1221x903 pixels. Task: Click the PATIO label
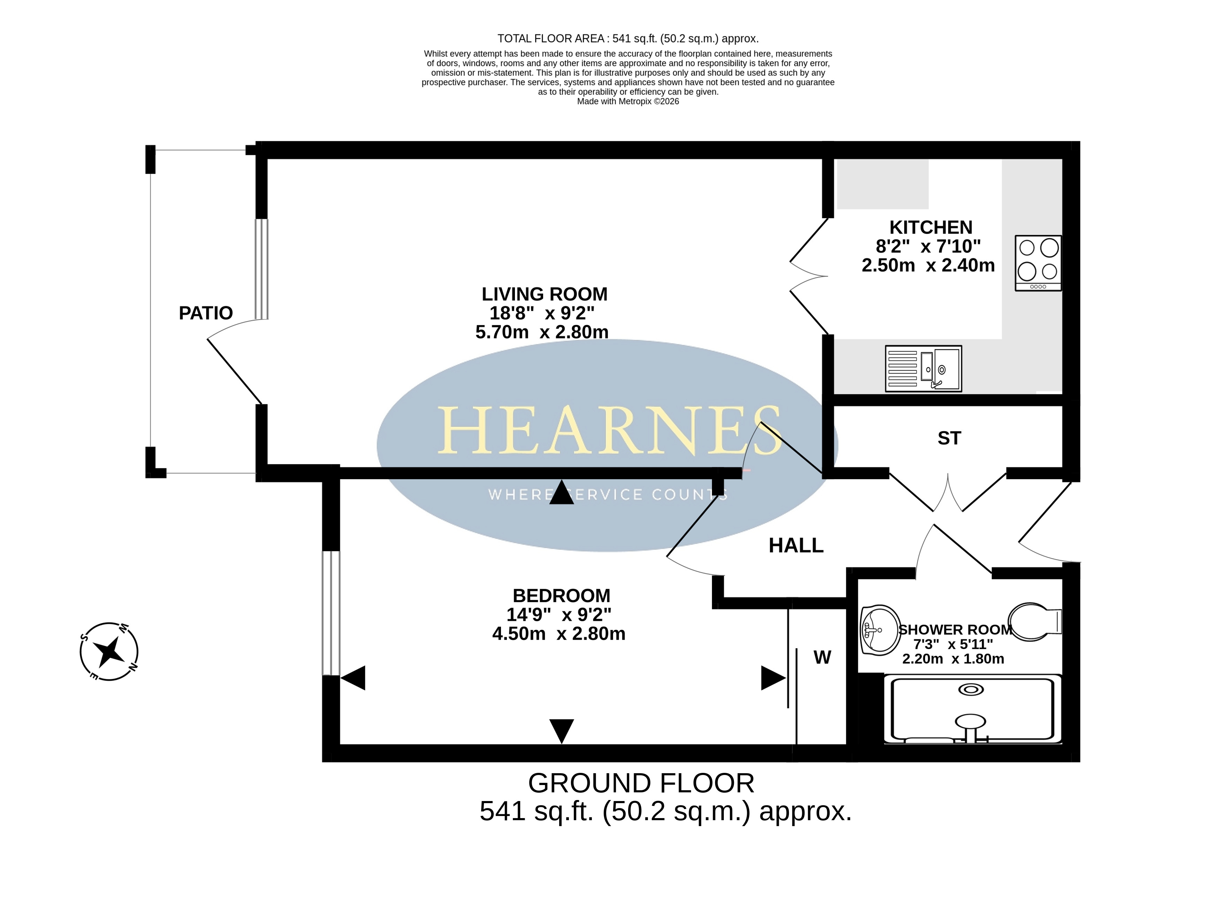206,313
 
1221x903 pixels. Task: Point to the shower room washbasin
879,630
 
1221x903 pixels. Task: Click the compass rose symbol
109,651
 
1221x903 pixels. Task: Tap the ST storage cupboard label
949,438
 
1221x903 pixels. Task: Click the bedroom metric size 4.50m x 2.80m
558,634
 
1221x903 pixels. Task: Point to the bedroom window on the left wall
331,613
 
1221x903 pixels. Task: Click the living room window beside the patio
261,269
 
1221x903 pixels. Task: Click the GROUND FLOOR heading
641,783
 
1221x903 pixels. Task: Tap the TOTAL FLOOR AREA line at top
628,39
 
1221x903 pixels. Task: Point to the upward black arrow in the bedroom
562,492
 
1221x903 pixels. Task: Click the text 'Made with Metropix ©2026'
628,101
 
